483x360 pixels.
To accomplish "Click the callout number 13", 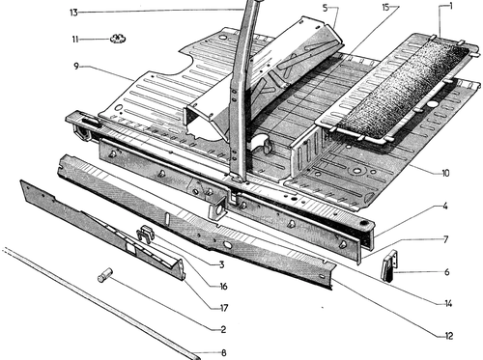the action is coord(73,13).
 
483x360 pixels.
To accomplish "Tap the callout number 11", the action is coord(75,40).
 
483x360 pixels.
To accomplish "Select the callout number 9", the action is coord(76,67).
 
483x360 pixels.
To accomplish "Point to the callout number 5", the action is coord(325,8).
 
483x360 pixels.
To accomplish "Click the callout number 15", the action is coord(385,8).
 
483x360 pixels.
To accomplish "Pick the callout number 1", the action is coord(451,6).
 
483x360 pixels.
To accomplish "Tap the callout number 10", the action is coord(445,174).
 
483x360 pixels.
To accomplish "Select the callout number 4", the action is coord(445,206).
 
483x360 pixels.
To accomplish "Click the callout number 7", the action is coord(446,239).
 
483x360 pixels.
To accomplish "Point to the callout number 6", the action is coord(447,272).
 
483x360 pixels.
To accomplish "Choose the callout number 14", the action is coord(448,303).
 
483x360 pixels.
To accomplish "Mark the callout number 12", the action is coord(449,336).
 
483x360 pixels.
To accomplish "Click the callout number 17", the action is coord(224,308).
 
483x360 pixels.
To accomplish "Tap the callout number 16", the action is coord(223,286).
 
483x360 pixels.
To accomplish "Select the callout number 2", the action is coord(223,329).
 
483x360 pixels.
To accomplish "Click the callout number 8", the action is coord(224,352).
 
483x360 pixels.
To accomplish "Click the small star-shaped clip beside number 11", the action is coord(118,39).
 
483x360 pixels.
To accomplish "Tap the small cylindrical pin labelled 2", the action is coord(105,275).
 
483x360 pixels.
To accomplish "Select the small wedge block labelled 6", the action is coord(389,265).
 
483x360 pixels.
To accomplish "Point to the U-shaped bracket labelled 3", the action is coord(147,234).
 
